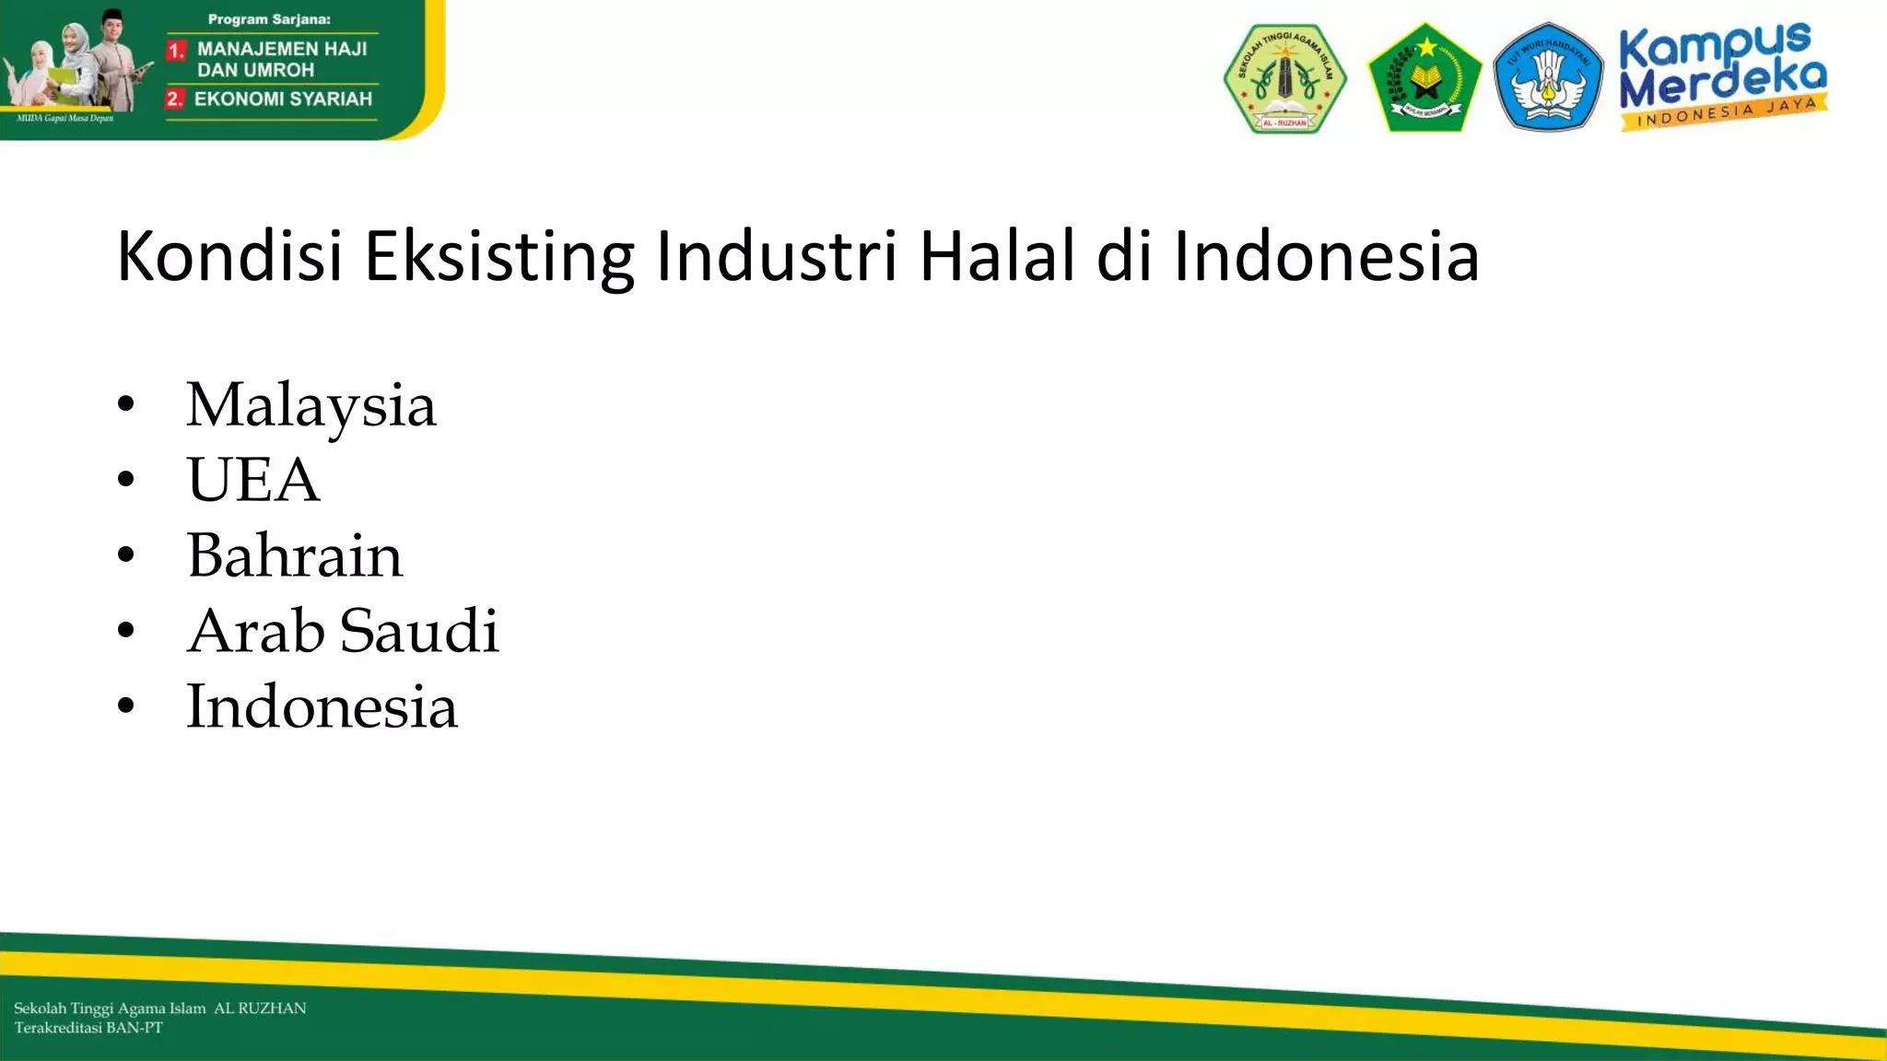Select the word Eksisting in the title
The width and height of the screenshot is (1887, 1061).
click(x=498, y=258)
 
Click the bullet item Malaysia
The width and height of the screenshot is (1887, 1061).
click(x=311, y=405)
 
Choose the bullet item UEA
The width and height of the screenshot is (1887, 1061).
click(x=252, y=480)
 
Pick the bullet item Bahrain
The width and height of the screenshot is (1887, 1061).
click(x=294, y=555)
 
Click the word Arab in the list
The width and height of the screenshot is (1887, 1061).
click(x=255, y=631)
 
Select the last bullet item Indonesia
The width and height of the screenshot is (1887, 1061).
click(x=322, y=706)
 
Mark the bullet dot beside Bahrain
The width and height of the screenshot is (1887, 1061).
click(x=126, y=554)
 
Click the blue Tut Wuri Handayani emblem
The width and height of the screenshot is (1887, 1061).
click(x=1548, y=77)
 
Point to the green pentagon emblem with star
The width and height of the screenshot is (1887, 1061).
click(x=1424, y=77)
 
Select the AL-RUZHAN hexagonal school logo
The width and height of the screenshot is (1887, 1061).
click(x=1284, y=79)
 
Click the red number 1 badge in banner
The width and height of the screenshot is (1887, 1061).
click(x=176, y=51)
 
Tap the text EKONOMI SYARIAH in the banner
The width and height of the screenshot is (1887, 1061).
click(x=283, y=99)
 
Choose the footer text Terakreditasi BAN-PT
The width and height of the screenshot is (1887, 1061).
click(x=88, y=1028)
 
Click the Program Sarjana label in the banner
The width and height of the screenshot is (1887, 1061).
click(x=269, y=19)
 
